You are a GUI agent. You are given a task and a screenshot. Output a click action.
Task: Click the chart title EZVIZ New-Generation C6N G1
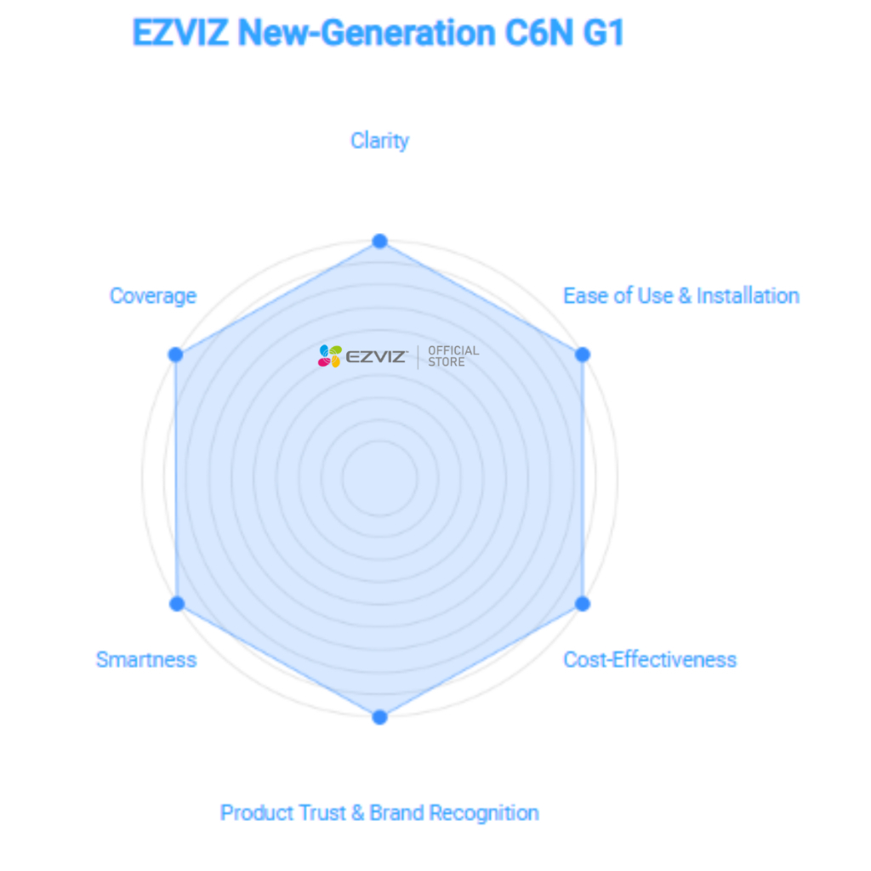[x=379, y=32]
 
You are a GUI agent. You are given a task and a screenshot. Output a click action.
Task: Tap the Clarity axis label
[x=379, y=141]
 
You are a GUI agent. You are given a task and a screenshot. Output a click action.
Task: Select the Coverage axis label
[x=153, y=296]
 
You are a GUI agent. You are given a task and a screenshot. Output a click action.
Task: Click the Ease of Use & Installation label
[x=681, y=296]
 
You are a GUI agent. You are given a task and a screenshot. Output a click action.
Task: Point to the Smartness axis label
[x=146, y=660]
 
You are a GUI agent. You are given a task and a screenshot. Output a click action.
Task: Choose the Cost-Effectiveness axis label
[x=650, y=660]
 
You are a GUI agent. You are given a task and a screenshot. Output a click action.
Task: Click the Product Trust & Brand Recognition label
[x=379, y=813]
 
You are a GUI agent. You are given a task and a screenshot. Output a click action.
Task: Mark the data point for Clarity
[x=380, y=241]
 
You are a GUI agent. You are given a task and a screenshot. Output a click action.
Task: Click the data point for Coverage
[x=175, y=355]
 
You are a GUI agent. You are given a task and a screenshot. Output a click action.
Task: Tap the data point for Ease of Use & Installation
[x=583, y=355]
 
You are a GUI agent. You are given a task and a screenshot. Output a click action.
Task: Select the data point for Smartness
[x=177, y=604]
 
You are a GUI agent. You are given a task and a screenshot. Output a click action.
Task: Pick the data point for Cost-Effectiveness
[x=583, y=604]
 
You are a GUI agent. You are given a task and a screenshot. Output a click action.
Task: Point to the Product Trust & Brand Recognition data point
[x=380, y=717]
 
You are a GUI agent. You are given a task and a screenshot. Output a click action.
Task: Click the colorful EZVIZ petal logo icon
[x=330, y=356]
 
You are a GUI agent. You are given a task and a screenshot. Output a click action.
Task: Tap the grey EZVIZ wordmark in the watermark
[x=377, y=356]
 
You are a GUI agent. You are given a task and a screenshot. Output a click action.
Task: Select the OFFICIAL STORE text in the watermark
[x=453, y=356]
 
